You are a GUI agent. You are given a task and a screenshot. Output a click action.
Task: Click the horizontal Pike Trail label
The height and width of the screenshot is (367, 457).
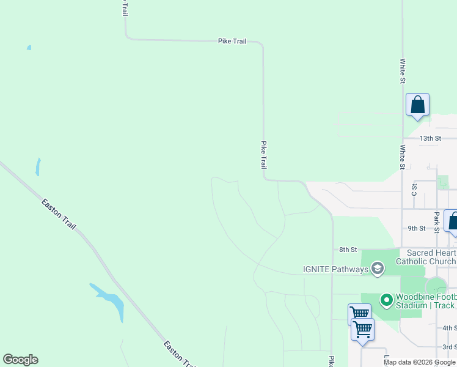click(232, 41)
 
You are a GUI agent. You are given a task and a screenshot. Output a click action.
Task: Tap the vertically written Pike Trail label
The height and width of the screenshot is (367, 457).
click(264, 155)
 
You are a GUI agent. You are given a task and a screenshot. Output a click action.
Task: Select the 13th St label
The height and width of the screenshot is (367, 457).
click(430, 138)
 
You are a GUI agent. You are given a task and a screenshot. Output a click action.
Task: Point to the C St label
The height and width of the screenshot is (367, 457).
click(414, 189)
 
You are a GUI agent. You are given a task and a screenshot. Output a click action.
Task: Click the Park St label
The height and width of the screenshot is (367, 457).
click(437, 223)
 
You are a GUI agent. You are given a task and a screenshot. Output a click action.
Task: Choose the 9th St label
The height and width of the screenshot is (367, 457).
click(416, 228)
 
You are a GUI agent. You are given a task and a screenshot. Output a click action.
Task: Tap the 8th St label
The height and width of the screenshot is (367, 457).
click(348, 250)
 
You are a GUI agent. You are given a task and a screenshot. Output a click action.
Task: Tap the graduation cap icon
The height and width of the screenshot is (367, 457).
click(378, 269)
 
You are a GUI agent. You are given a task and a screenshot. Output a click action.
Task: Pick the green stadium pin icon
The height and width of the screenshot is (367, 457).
click(386, 300)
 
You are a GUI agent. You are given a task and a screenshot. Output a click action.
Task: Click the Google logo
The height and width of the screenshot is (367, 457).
click(20, 360)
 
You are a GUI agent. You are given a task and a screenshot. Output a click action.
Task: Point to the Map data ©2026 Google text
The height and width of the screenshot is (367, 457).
click(419, 362)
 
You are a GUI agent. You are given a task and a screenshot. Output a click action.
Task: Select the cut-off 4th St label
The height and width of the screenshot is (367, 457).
click(450, 328)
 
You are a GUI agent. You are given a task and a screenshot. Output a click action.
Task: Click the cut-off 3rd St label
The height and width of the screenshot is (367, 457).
click(450, 347)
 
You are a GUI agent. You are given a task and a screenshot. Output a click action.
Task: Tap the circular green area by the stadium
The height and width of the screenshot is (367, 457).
click(436, 288)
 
